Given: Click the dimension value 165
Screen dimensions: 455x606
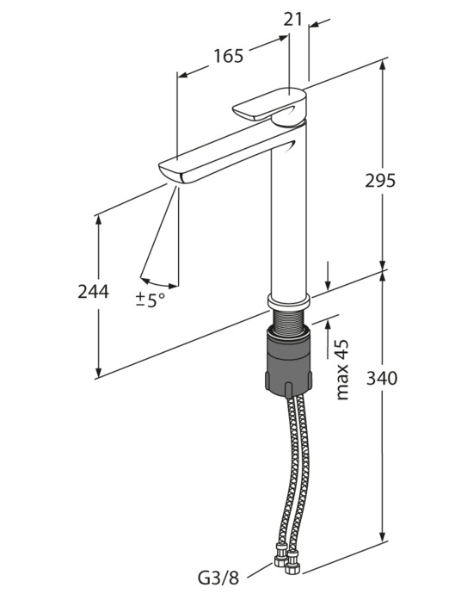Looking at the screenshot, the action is (x=229, y=56).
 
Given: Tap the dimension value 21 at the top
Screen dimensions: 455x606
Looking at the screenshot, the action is (x=292, y=19).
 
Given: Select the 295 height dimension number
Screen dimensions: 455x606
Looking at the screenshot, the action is (x=380, y=181).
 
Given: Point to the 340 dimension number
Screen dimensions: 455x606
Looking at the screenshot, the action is (x=382, y=379).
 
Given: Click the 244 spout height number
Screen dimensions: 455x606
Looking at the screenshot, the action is (x=93, y=292).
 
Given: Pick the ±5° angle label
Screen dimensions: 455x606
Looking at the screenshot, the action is (x=151, y=300).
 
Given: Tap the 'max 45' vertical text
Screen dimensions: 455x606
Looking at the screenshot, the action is (x=342, y=370).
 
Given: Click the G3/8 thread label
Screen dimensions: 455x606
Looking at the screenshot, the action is (x=218, y=589).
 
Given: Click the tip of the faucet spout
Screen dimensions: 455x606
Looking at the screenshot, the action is (x=170, y=172).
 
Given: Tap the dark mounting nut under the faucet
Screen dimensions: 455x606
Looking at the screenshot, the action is (x=288, y=362).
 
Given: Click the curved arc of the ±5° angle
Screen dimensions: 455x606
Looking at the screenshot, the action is (x=159, y=284).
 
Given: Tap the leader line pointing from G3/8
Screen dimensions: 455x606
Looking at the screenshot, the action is (x=260, y=576).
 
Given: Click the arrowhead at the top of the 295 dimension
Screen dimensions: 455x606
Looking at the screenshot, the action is (x=383, y=65).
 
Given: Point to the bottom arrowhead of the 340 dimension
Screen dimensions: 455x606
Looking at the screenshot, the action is (x=383, y=536).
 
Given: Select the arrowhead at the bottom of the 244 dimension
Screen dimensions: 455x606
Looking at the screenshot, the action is (x=99, y=371).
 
